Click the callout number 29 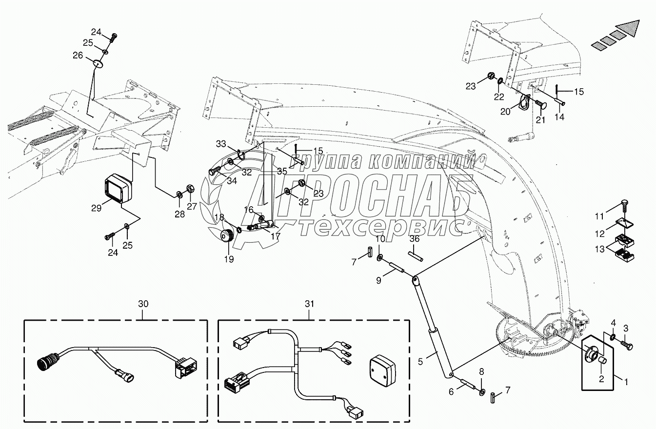click(97, 208)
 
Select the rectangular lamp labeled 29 click(119, 187)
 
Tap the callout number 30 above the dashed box click(143, 304)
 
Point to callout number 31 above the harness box click(310, 304)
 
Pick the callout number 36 click(415, 239)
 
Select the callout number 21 click(540, 120)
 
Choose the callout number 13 click(599, 249)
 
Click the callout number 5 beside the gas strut click(420, 362)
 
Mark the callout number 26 click(78, 55)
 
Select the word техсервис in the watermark click(378, 228)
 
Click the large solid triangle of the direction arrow click(629, 28)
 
